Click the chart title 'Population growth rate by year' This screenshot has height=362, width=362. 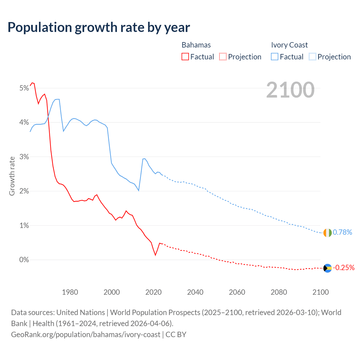point(99,27)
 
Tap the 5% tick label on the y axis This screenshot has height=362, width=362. point(24,88)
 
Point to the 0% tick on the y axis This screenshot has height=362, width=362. point(24,260)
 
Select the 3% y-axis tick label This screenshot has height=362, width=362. point(24,157)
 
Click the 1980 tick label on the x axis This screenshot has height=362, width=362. point(70,292)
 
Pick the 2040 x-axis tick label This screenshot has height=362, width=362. point(195,292)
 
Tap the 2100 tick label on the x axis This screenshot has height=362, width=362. point(320,292)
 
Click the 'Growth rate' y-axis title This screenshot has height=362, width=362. point(12,176)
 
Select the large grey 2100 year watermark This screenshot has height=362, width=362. point(290,90)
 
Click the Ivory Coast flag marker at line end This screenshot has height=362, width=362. point(327,233)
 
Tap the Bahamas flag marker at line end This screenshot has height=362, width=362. point(327,268)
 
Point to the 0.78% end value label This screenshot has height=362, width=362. point(342,232)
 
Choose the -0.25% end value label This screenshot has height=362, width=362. point(344,268)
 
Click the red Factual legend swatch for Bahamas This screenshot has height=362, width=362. point(185,57)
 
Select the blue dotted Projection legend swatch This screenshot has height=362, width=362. point(313,57)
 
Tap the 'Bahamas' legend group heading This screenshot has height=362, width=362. point(196,45)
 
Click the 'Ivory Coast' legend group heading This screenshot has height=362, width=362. point(289,45)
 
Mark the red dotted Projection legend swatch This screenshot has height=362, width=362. point(223,57)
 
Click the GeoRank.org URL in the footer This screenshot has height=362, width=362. point(86,335)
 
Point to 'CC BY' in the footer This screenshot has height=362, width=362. point(176,335)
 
